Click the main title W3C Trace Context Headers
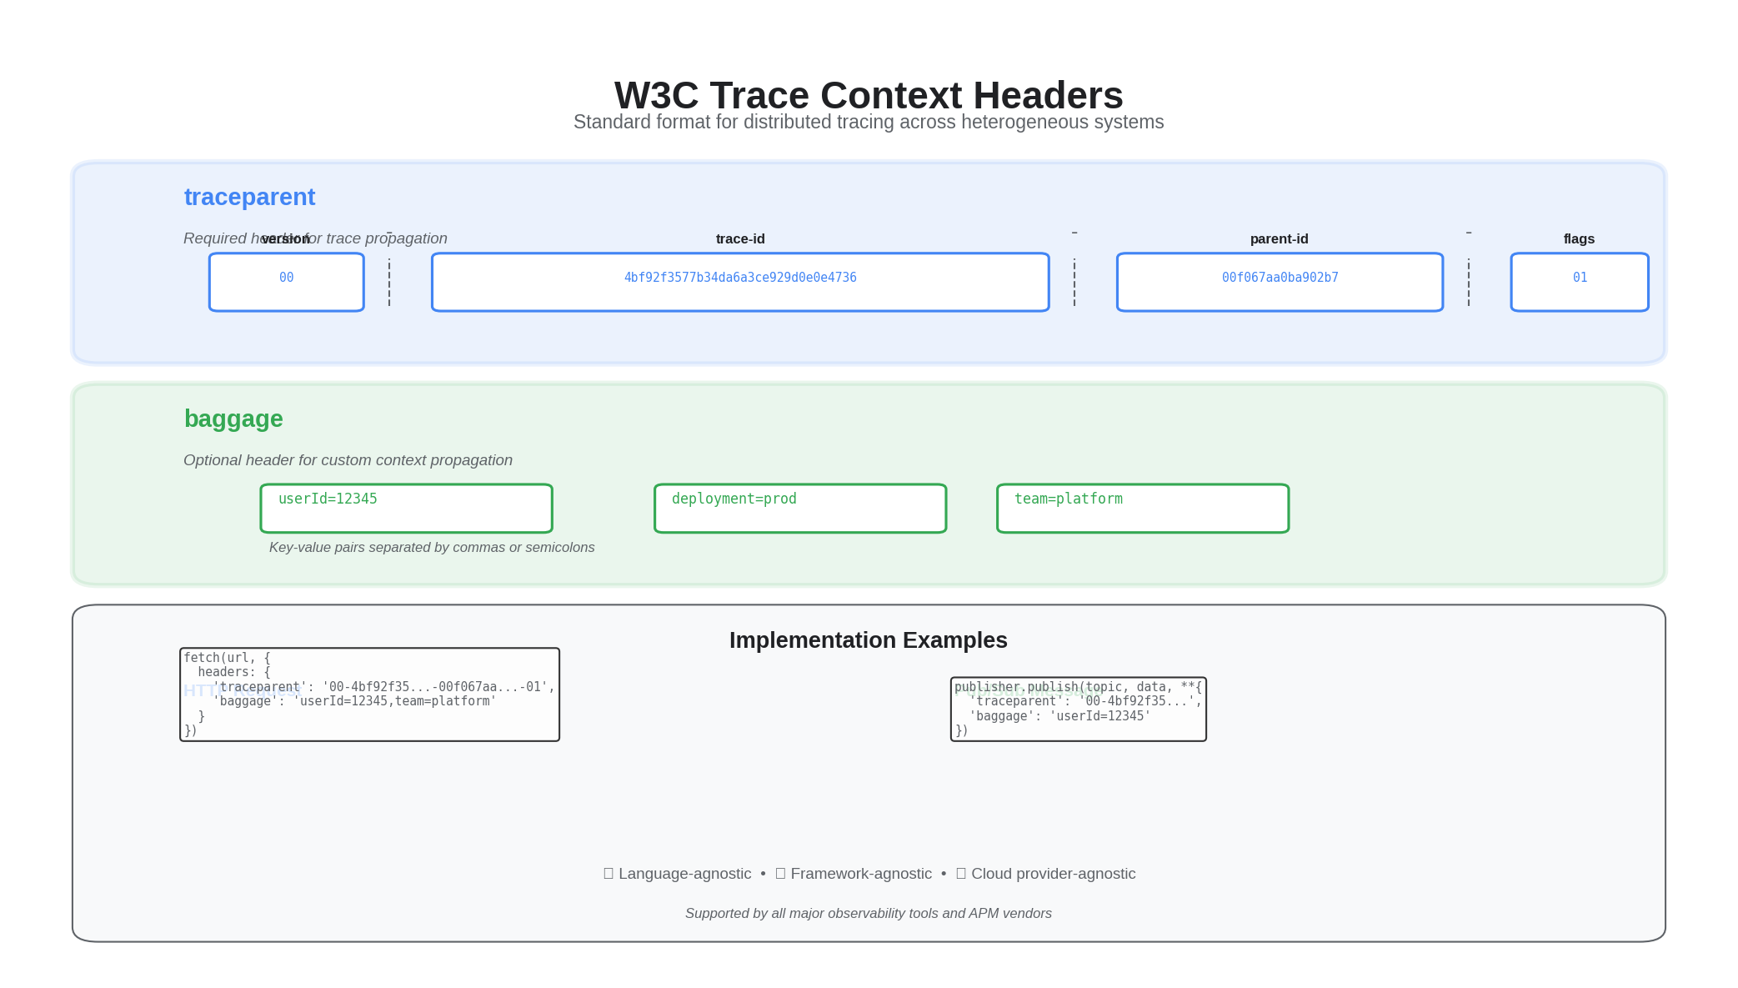point(868,95)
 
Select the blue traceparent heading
point(249,197)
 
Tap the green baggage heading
point(233,419)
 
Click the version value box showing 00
point(286,282)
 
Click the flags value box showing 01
point(1579,282)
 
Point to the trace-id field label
point(739,239)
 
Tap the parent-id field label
point(1279,239)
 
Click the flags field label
point(1579,239)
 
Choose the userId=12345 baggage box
point(406,508)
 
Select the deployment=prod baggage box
point(799,508)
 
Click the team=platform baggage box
point(1142,508)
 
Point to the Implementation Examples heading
point(868,640)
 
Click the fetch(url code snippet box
point(369,694)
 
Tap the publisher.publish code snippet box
point(1078,709)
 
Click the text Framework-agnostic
point(860,874)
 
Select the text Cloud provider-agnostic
point(1053,874)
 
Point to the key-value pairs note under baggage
point(432,548)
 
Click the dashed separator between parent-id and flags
point(1468,282)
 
